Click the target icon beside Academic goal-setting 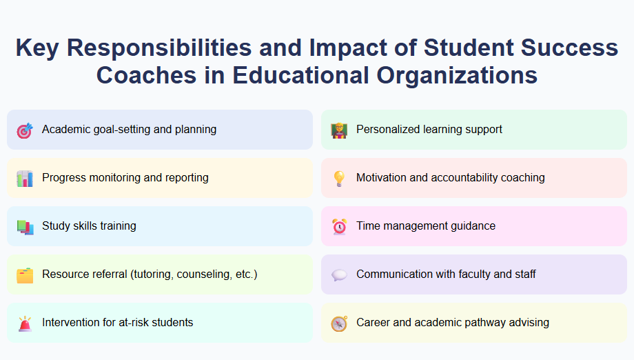click(25, 130)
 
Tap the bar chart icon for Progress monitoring click(25, 178)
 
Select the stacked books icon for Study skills click(25, 226)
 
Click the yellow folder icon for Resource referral click(25, 274)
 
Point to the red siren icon click(25, 323)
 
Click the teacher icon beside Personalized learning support click(339, 130)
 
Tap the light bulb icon click(339, 178)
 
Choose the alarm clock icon click(339, 226)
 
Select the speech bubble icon click(339, 274)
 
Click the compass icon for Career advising click(339, 323)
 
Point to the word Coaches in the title click(147, 75)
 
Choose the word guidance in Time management click(470, 226)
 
